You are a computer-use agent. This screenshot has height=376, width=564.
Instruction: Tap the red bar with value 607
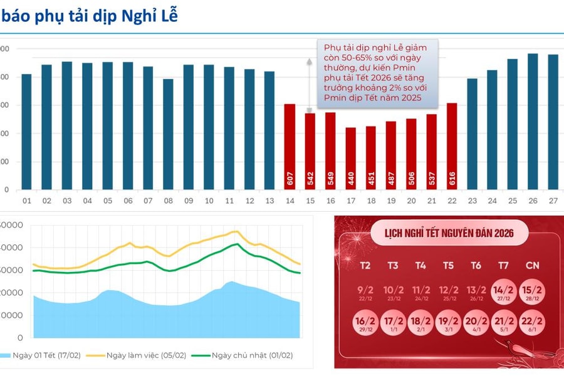click(290, 147)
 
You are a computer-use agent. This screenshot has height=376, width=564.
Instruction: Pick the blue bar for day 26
click(533, 122)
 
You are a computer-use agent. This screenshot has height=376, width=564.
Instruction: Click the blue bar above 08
click(168, 134)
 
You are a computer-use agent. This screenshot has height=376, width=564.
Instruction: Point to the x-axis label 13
click(269, 201)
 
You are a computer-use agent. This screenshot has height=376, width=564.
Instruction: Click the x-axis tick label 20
click(411, 201)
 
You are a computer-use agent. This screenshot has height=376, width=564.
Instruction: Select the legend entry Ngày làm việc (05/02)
click(146, 355)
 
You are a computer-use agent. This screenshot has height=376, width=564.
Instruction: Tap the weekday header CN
click(531, 266)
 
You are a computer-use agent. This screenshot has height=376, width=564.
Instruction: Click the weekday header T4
click(420, 266)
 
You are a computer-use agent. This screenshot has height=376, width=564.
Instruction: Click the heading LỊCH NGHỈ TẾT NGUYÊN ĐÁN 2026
click(449, 234)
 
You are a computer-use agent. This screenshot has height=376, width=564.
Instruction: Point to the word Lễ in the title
click(169, 16)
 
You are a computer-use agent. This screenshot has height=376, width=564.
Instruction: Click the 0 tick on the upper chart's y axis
click(6, 190)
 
